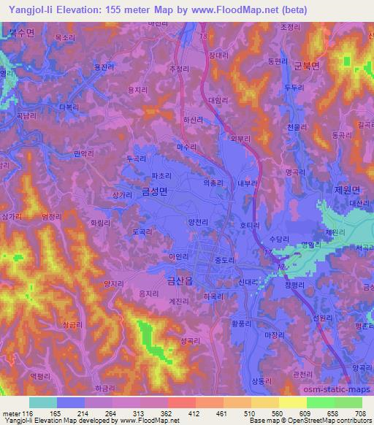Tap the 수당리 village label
280,239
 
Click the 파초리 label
161,175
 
